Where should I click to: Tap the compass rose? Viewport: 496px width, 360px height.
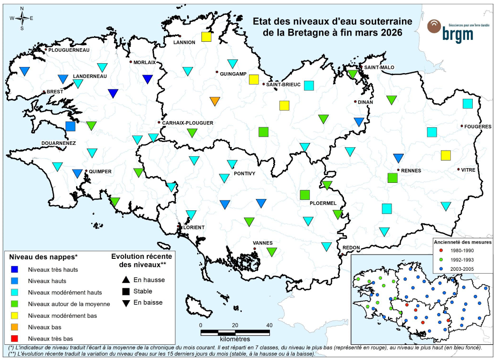tap(22, 19)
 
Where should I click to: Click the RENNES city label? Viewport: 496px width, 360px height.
tap(409, 171)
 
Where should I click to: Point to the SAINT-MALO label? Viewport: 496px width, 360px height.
tap(377, 67)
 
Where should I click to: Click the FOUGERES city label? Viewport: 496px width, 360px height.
tap(478, 126)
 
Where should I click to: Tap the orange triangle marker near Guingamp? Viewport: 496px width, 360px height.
tap(215, 101)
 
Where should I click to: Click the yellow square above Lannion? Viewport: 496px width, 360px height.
tap(206, 37)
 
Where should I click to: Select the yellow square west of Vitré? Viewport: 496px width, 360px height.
tap(446, 155)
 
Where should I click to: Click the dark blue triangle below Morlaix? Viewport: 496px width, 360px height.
tap(148, 79)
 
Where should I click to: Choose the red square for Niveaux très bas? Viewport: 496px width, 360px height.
tap(15, 339)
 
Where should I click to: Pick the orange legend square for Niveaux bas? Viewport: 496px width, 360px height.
tap(15, 327)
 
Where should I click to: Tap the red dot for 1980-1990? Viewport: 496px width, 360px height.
tap(441, 250)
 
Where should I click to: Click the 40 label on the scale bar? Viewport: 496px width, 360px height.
tap(269, 325)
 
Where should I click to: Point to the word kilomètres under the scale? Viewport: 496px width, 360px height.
tap(235, 340)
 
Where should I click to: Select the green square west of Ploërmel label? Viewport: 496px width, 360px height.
tap(305, 195)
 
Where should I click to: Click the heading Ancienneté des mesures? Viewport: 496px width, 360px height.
tap(462, 241)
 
